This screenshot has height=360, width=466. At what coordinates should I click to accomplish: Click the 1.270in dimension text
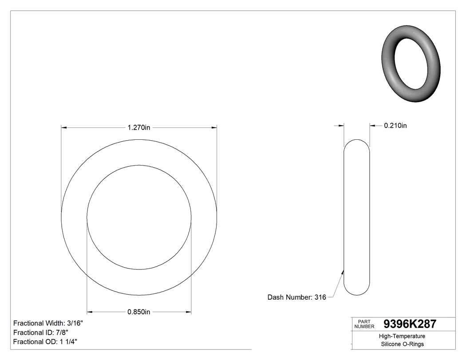pyautogui.click(x=139, y=128)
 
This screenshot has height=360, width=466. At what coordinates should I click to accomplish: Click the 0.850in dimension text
pyautogui.click(x=139, y=312)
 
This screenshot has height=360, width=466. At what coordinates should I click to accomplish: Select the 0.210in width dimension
pyautogui.click(x=395, y=126)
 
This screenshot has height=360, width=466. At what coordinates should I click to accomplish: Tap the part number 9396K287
pyautogui.click(x=410, y=324)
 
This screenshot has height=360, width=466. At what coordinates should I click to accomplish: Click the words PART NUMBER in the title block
pyautogui.click(x=364, y=324)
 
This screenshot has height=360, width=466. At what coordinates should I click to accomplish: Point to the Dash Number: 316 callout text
pyautogui.click(x=296, y=297)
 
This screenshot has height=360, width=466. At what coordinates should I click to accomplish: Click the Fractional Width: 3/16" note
pyautogui.click(x=48, y=323)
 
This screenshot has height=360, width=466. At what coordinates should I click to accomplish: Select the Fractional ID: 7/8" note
pyautogui.click(x=41, y=332)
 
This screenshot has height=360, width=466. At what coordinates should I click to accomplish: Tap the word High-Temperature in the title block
pyautogui.click(x=403, y=336)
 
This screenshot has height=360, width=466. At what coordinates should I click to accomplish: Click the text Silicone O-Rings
pyautogui.click(x=403, y=344)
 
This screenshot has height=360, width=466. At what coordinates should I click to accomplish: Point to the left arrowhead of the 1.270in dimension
pyautogui.click(x=63, y=128)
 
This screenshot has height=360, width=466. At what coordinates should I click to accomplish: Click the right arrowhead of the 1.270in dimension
pyautogui.click(x=214, y=128)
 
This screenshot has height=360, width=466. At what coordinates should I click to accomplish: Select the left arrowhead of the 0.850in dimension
pyautogui.click(x=89, y=312)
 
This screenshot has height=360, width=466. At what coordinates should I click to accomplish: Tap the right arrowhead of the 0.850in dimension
pyautogui.click(x=189, y=312)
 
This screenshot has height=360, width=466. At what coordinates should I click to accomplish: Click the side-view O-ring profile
pyautogui.click(x=357, y=217)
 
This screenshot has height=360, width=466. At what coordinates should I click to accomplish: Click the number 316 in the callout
pyautogui.click(x=320, y=297)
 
